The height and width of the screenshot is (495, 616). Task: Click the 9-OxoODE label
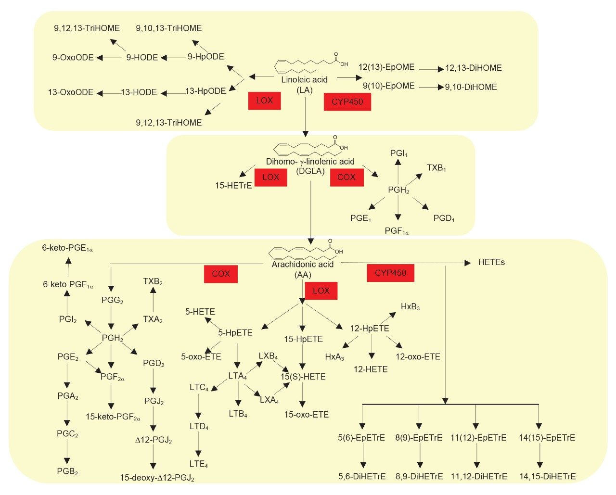pos(73,58)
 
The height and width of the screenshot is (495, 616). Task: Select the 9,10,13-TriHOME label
pos(169,28)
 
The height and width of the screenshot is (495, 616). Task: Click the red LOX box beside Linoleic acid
pos(264,101)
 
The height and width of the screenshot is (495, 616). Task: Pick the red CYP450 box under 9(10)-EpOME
pos(347,102)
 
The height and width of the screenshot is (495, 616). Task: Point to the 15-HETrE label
pos(233,185)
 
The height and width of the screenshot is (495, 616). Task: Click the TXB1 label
pos(436,168)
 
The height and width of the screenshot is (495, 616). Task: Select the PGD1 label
pos(444,219)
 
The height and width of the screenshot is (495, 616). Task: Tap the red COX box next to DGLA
pos(346,177)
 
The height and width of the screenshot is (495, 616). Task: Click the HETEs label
pos(491,263)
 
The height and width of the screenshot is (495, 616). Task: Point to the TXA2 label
pos(153,319)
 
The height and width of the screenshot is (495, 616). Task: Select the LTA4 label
pos(238,376)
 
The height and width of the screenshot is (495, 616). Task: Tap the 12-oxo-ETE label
pos(418,357)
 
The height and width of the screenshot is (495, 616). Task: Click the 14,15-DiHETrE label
pos(548,477)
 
